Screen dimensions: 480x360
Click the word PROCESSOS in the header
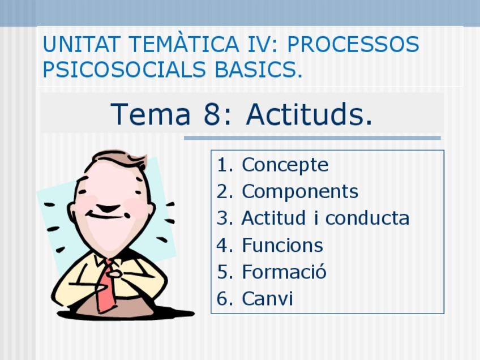(x=353, y=44)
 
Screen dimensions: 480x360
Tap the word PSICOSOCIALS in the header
(x=124, y=70)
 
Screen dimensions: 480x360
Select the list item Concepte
(x=285, y=165)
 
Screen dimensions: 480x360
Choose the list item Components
(x=300, y=192)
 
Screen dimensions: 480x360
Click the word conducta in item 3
(x=367, y=218)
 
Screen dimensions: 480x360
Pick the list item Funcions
(x=282, y=245)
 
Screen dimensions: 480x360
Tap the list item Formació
(x=284, y=271)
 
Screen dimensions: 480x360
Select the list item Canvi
(x=267, y=298)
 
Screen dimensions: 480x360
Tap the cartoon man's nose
(x=108, y=208)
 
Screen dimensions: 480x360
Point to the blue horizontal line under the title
(x=312, y=138)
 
